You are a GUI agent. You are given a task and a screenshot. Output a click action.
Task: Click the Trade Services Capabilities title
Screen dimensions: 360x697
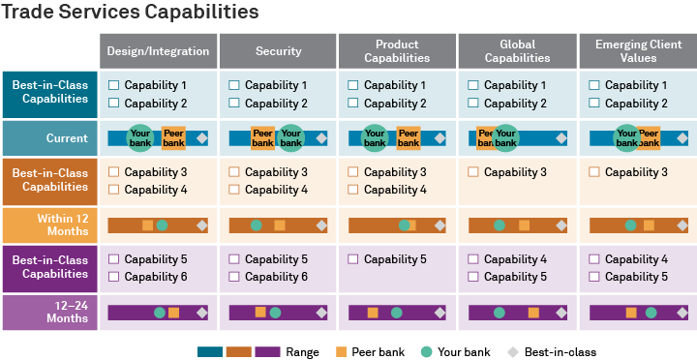[x=131, y=13]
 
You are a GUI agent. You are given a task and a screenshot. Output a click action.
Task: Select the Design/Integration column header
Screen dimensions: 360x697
[x=158, y=51]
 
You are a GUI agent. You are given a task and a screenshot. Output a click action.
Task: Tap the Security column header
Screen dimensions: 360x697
[x=278, y=51]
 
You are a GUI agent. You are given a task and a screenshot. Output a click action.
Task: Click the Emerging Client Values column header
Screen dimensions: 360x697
[x=638, y=51]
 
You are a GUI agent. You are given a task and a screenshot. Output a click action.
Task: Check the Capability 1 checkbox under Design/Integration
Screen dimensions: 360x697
[x=114, y=85]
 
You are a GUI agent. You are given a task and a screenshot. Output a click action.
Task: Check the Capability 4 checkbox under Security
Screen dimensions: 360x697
[x=234, y=190]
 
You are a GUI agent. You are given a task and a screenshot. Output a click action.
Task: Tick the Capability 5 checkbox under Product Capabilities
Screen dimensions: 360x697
[x=354, y=259]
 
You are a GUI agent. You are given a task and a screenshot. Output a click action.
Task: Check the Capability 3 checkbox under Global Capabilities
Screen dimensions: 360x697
[x=473, y=172]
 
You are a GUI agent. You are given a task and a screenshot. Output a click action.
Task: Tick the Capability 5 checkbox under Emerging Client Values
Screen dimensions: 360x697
[x=594, y=277]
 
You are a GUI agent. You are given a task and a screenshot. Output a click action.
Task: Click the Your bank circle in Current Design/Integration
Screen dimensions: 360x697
[x=140, y=138]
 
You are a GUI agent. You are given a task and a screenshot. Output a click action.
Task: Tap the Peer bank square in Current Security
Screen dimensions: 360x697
[x=262, y=138]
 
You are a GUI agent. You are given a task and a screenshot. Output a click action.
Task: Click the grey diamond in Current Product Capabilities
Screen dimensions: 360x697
[x=441, y=138]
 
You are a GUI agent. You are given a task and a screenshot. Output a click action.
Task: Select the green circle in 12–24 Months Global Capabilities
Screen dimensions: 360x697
[x=500, y=313]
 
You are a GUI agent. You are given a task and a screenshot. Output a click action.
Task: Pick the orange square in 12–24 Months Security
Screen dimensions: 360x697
[x=260, y=312]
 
